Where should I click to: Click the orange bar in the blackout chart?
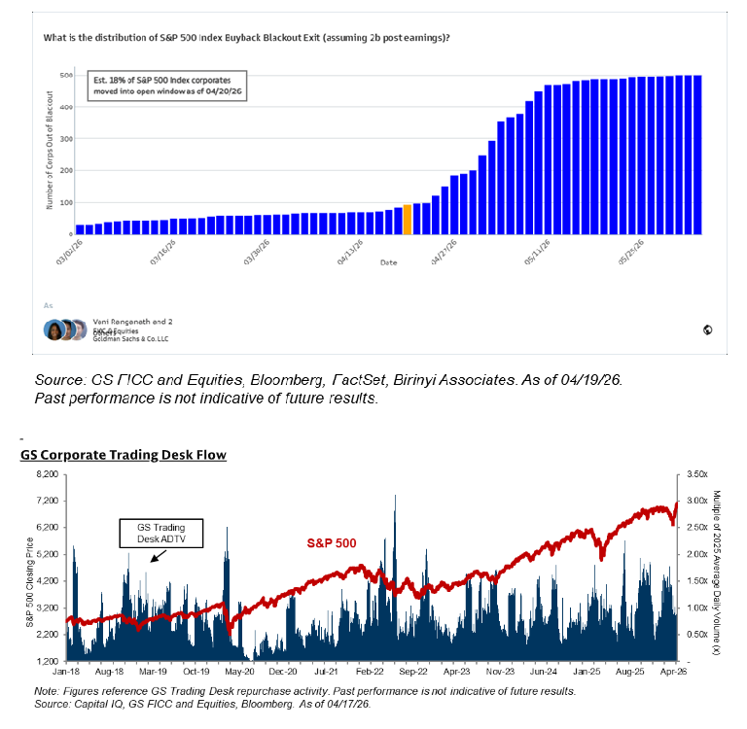coord(408,220)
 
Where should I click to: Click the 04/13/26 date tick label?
coord(349,256)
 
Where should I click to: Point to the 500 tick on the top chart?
coord(66,75)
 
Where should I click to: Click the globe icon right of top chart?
coord(707,330)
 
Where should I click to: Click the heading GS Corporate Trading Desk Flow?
coord(123,455)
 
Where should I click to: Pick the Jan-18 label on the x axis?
coord(66,671)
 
